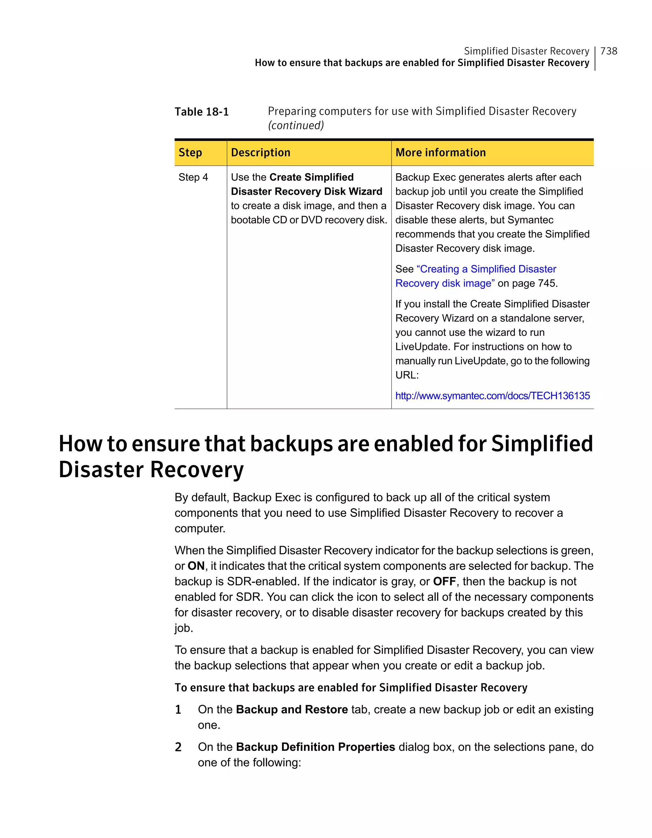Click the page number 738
click(609, 51)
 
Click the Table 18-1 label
click(202, 112)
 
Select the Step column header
click(190, 153)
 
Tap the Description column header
click(260, 153)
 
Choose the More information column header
click(441, 153)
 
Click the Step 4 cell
click(193, 177)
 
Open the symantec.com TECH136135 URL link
click(493, 396)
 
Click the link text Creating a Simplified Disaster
click(486, 269)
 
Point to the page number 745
click(547, 283)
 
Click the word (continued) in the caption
click(296, 125)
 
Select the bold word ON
click(196, 566)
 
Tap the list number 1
click(178, 710)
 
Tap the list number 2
click(178, 747)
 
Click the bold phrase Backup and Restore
click(292, 709)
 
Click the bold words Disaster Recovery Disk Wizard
click(306, 192)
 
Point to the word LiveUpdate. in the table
click(422, 347)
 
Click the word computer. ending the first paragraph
click(200, 529)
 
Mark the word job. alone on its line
click(183, 628)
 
